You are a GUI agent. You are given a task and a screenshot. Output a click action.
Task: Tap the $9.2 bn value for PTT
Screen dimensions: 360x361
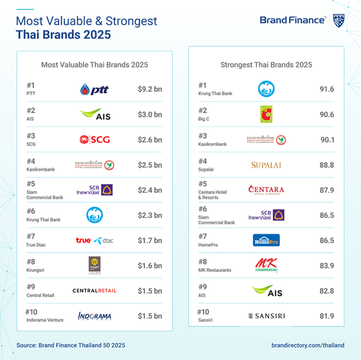click(x=150, y=90)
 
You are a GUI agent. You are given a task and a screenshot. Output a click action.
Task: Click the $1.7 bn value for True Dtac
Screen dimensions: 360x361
click(x=150, y=240)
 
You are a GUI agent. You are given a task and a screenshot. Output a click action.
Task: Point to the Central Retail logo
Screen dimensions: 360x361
click(x=95, y=291)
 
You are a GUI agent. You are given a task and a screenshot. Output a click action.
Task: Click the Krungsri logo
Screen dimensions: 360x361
click(x=95, y=265)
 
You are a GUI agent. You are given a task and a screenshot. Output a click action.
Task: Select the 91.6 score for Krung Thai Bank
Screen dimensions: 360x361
click(x=327, y=90)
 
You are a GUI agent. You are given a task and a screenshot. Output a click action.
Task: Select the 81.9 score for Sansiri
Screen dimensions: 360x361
click(x=327, y=316)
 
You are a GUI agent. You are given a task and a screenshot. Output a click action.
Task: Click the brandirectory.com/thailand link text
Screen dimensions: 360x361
click(x=308, y=346)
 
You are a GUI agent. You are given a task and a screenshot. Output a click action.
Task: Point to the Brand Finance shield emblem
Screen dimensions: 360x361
click(x=338, y=20)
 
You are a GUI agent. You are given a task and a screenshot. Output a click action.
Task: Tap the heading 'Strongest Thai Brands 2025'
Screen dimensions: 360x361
click(x=266, y=65)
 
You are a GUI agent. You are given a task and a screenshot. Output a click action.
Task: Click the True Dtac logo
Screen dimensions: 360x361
click(x=95, y=240)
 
